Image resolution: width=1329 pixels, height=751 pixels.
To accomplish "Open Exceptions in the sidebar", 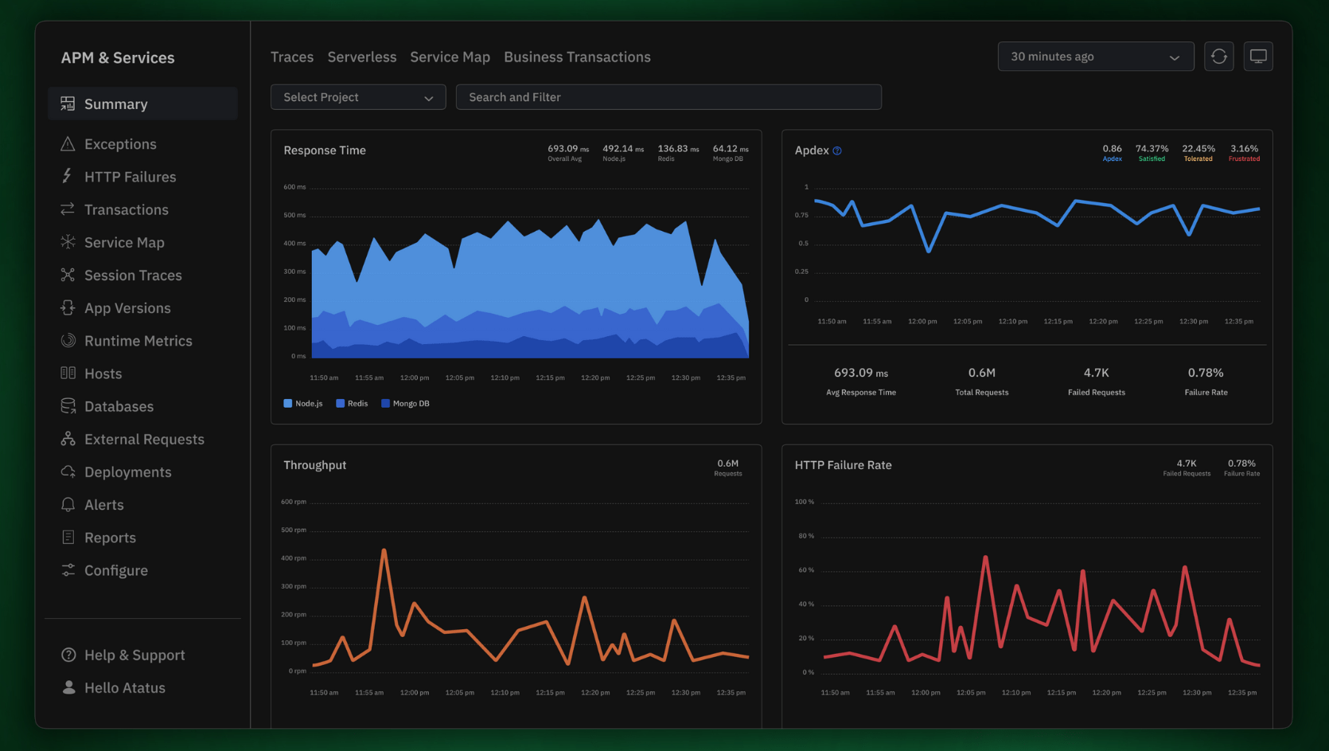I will (x=119, y=144).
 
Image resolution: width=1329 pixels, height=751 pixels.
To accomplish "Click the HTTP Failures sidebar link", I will (x=130, y=177).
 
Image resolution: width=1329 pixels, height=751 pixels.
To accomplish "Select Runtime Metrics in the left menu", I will (x=138, y=341).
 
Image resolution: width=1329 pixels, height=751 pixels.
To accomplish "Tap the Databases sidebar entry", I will (x=119, y=406).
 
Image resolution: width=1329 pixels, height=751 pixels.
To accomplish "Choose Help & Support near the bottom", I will (x=134, y=655).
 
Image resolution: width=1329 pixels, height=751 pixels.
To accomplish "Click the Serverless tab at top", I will (x=361, y=57).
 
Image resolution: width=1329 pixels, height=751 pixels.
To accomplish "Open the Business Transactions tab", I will (x=577, y=57).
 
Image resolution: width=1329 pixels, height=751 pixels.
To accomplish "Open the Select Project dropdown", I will (x=358, y=97).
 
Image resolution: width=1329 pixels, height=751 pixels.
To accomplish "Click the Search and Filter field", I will (x=668, y=97).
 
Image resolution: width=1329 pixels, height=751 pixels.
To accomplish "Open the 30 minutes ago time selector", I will (x=1095, y=57).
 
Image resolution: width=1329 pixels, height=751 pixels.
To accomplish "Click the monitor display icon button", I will (x=1258, y=57).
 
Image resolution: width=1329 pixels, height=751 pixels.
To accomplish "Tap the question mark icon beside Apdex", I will (x=837, y=151).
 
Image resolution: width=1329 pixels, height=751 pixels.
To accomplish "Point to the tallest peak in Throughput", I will (x=384, y=550).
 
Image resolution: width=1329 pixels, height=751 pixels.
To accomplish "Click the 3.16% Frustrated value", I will (x=1244, y=149).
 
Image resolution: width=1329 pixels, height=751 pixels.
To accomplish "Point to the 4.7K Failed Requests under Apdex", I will (x=1096, y=373).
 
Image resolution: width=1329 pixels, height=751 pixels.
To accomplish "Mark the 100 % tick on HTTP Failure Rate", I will (x=805, y=502).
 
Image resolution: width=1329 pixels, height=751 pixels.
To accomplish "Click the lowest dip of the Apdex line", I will (x=928, y=252).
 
